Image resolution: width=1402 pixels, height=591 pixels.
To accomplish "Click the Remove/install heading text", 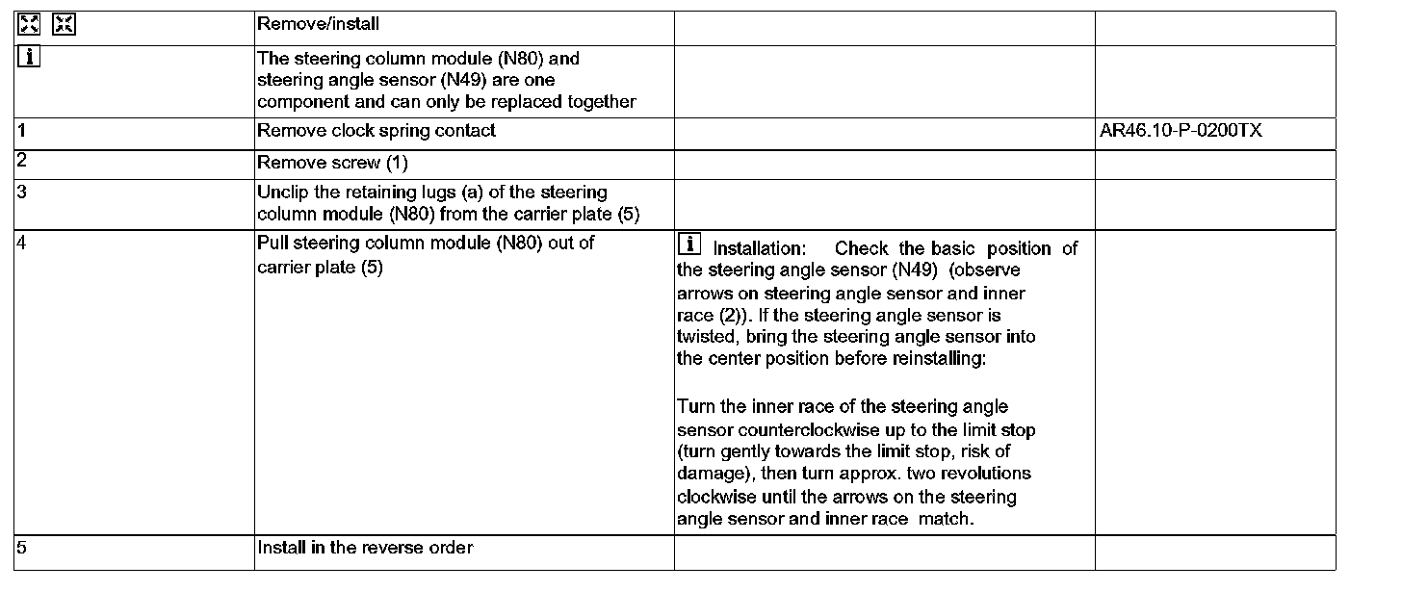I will point(318,23).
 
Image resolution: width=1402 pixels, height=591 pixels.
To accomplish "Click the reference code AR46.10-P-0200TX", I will point(1181,131).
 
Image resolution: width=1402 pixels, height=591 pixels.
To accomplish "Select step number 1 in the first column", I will point(21,130).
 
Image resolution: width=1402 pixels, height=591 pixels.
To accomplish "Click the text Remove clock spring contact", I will point(376,130).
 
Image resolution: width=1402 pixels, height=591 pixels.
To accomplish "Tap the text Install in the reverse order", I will point(365,548).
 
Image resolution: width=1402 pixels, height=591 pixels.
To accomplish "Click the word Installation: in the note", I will point(759,249).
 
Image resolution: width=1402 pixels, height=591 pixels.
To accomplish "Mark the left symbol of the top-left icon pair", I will point(29,24).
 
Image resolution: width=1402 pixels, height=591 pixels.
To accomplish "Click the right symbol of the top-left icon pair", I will point(64,24).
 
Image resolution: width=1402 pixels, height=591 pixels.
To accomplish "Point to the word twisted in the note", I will point(706,338).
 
